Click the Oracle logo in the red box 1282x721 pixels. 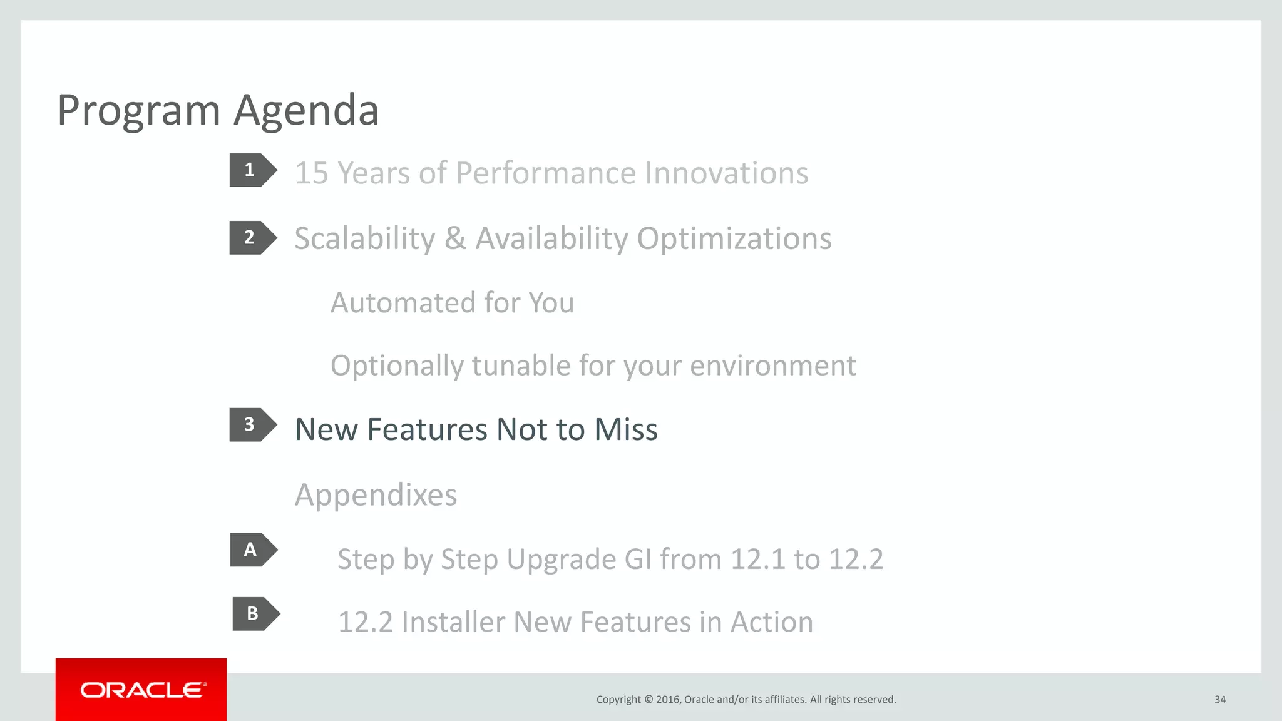pos(141,690)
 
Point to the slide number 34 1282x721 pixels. pos(1219,700)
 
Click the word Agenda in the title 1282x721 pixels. pos(306,111)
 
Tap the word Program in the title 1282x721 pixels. pos(138,111)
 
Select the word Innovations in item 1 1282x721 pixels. pos(726,173)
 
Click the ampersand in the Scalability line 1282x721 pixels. pos(455,238)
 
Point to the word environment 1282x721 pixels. pos(772,366)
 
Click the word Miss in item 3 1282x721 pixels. pos(625,430)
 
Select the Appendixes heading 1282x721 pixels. pos(376,495)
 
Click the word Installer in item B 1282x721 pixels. pos(453,622)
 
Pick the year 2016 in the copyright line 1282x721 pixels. pos(668,700)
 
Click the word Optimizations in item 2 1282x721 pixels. pos(734,238)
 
